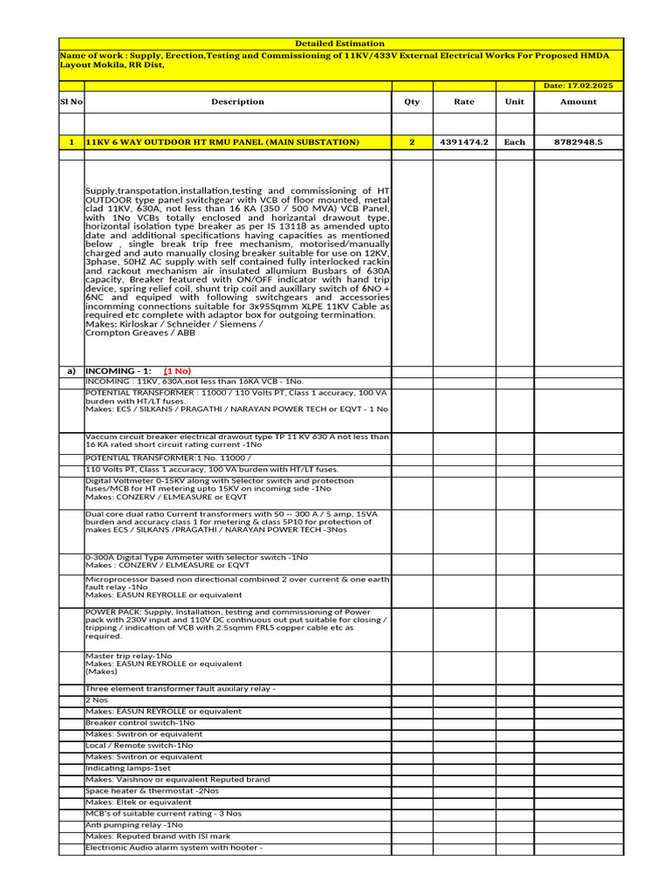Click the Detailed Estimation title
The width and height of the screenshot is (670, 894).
tap(339, 44)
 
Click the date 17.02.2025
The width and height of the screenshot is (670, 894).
tap(578, 86)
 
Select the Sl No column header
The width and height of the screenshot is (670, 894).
tap(71, 101)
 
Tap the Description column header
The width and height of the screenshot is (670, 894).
tap(237, 101)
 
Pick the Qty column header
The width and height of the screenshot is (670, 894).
tap(412, 101)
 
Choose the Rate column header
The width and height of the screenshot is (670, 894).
tap(464, 101)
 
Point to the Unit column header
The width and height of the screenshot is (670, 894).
tap(515, 101)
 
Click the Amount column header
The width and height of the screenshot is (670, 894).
tap(578, 101)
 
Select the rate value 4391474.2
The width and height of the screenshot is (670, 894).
tap(464, 141)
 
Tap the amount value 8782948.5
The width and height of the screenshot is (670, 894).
tap(578, 141)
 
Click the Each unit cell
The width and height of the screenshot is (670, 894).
tap(515, 141)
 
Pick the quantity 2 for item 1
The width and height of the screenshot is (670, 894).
tap(412, 141)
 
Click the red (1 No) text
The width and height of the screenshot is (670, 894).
tap(178, 371)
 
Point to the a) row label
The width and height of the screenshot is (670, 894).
tap(71, 371)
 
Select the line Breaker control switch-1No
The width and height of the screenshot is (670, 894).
tap(140, 723)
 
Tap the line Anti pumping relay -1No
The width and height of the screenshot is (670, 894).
tap(134, 825)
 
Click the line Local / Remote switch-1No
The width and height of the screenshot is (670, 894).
tap(139, 746)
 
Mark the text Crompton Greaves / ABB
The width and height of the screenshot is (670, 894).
tap(140, 333)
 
